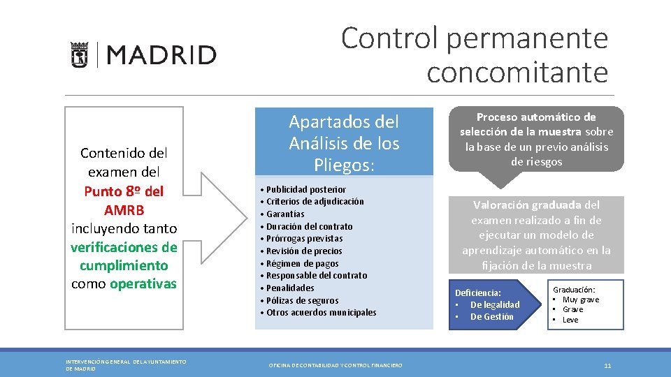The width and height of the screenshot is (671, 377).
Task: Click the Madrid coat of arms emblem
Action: (79, 54)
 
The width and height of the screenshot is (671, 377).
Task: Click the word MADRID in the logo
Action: (161, 55)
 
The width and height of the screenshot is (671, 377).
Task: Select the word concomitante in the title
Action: (517, 71)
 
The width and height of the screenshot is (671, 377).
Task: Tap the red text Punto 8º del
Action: (124, 191)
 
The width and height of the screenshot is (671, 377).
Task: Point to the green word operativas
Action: (143, 283)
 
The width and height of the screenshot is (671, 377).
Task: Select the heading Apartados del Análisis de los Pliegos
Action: (344, 143)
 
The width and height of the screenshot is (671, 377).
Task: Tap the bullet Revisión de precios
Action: (303, 251)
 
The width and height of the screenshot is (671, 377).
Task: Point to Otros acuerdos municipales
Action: (321, 312)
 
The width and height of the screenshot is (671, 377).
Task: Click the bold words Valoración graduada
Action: (527, 205)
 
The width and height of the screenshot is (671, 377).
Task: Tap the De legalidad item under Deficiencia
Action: (494, 304)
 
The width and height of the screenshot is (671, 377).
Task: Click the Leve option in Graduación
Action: (570, 320)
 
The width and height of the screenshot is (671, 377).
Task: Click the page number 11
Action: (607, 365)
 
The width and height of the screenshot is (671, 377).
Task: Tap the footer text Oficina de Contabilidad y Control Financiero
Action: (335, 365)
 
